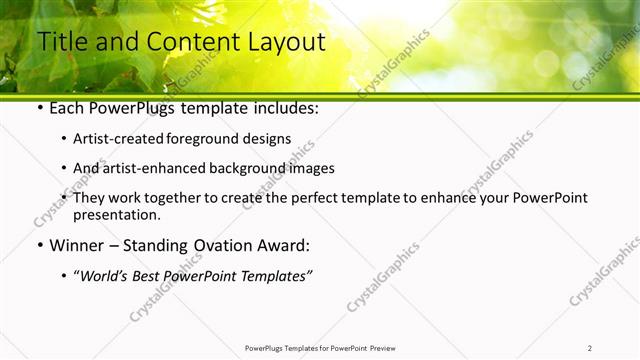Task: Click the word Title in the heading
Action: pos(61,42)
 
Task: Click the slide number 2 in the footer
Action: pos(590,348)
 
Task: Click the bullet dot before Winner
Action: pos(39,246)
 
